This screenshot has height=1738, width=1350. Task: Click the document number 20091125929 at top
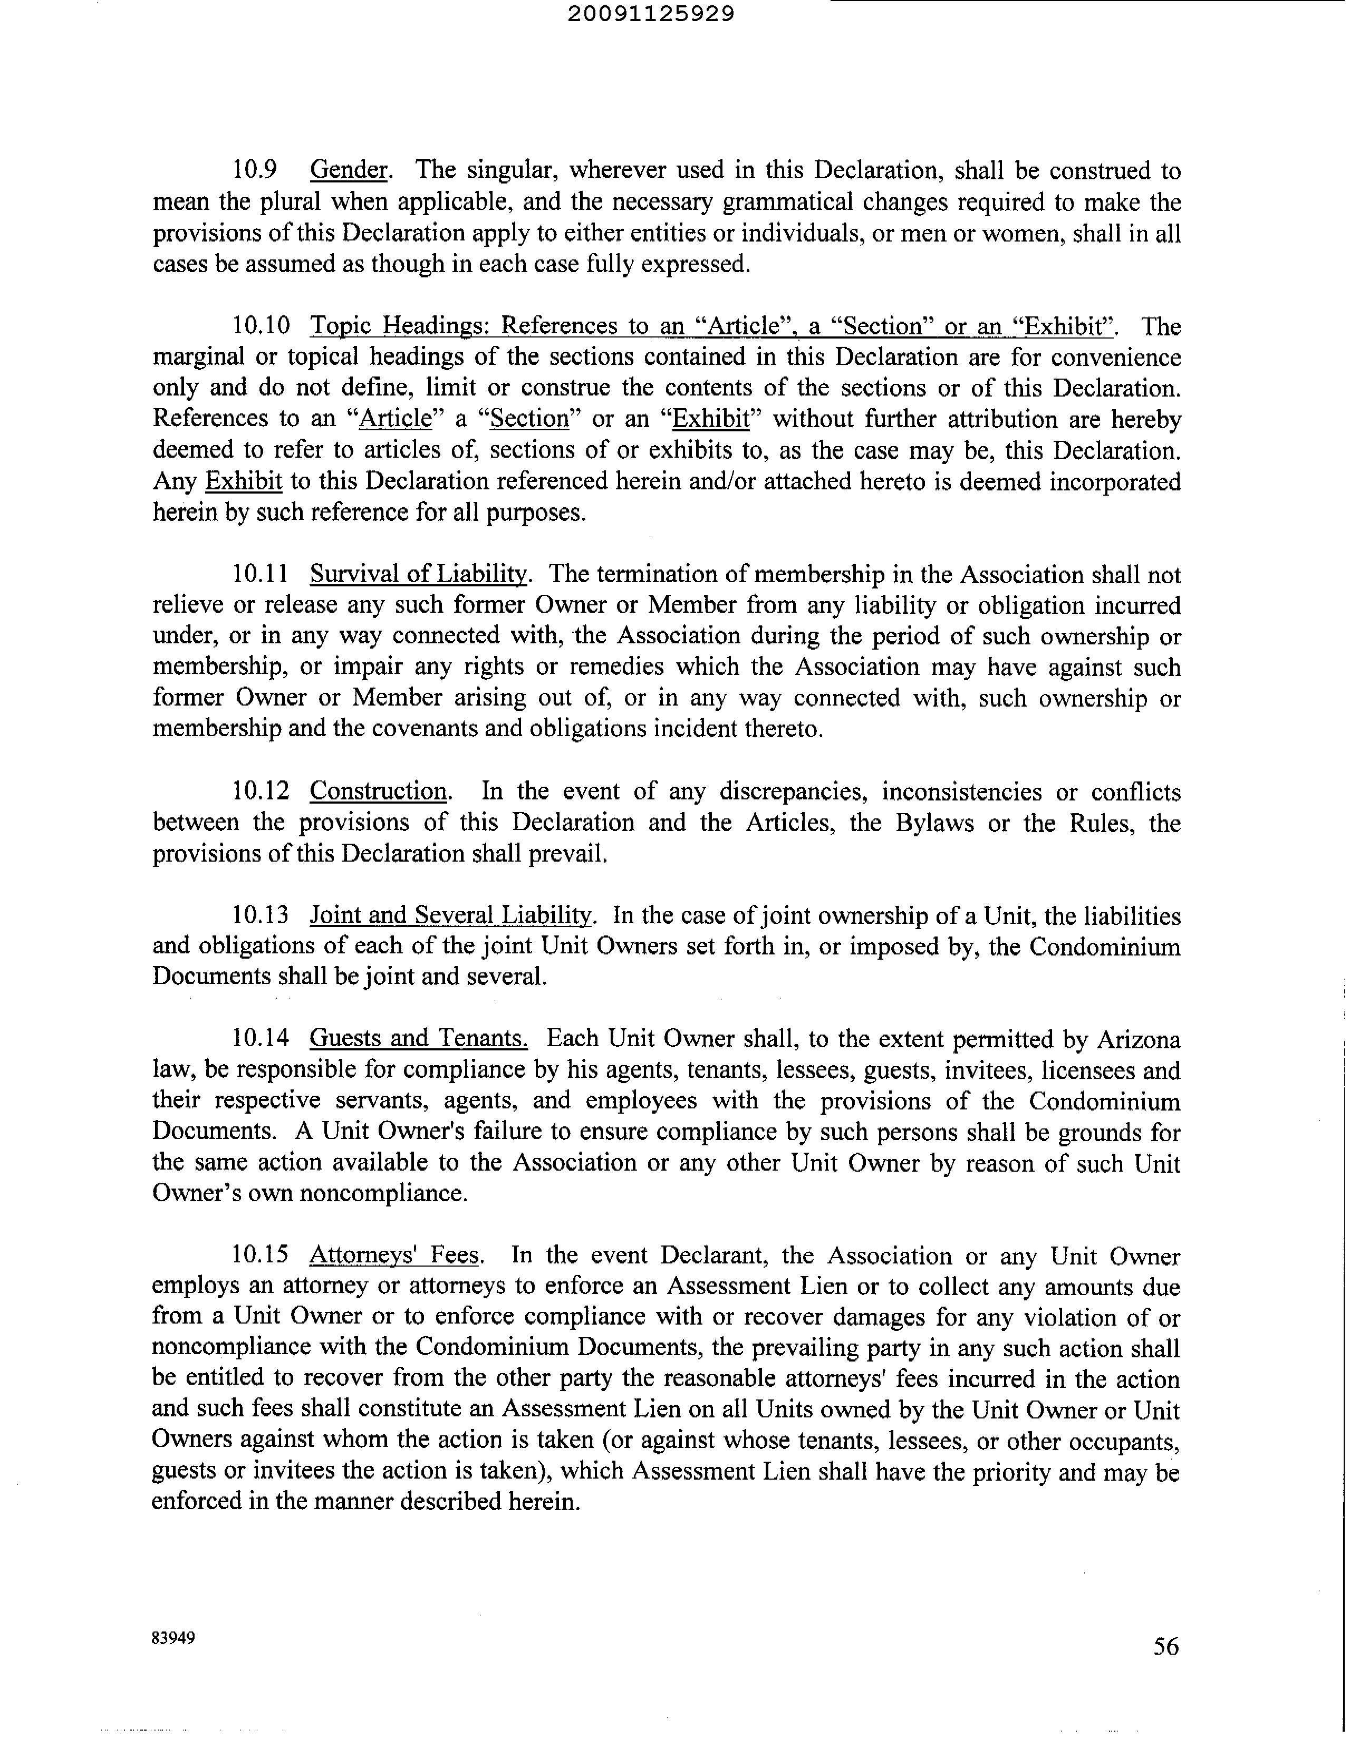coord(652,14)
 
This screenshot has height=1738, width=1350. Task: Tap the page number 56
coord(1165,1646)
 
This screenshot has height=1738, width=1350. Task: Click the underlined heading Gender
coord(349,170)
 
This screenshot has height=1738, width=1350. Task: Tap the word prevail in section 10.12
coord(575,853)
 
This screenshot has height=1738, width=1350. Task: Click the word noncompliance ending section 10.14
coord(382,1194)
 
